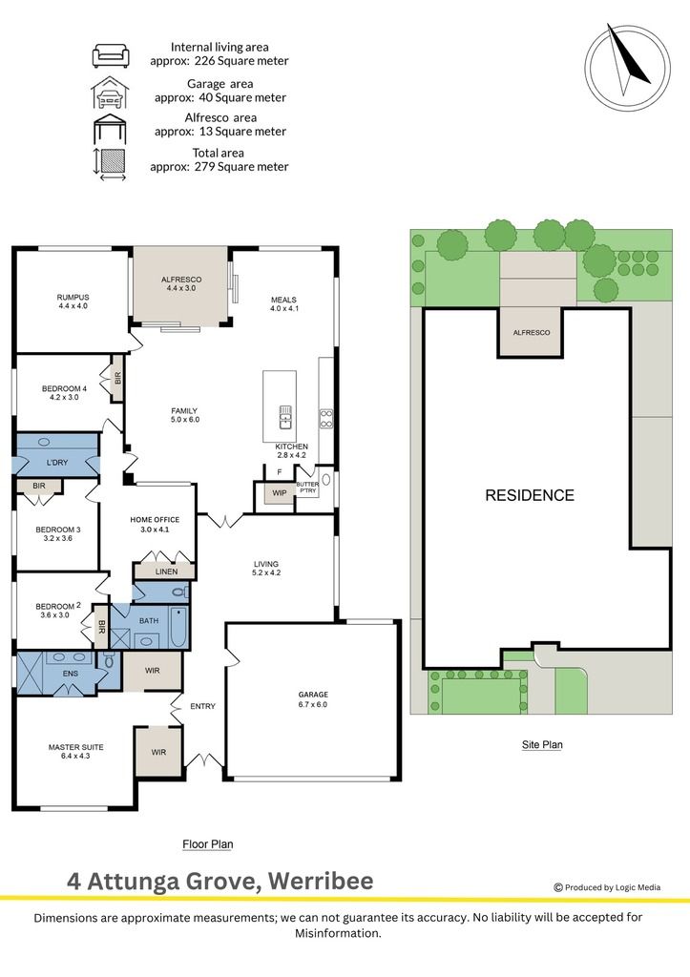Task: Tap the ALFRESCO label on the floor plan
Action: tap(181, 280)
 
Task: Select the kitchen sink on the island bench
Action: tap(284, 417)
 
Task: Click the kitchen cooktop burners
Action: tap(326, 418)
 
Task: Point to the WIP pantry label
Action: tap(280, 493)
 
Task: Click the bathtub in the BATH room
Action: tap(178, 628)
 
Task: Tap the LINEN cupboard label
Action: tap(166, 572)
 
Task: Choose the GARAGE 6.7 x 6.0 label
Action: tap(313, 699)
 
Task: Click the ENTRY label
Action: tap(202, 706)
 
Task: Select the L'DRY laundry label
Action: tap(57, 463)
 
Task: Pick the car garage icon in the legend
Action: tap(110, 93)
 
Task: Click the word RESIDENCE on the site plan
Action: tap(530, 495)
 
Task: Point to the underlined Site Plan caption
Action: tap(542, 744)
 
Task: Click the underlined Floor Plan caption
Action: tap(207, 844)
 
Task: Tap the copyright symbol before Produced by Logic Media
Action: tap(558, 887)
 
